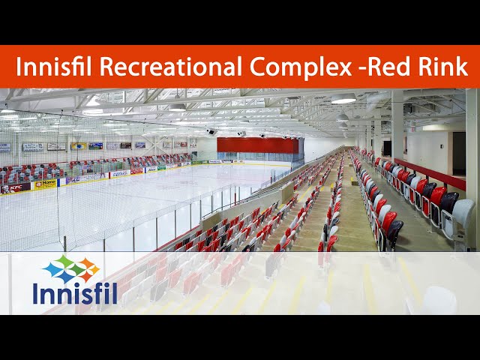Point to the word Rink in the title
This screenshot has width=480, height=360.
pos(443,67)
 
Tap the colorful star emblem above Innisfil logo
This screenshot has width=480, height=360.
pos(70,268)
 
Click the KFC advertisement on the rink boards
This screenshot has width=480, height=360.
pos(16,188)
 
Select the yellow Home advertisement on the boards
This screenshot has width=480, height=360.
pos(44,184)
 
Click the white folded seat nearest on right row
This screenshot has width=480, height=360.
pos(462,216)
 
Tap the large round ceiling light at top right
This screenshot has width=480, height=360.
pos(343,99)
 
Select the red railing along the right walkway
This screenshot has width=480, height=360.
pos(431,174)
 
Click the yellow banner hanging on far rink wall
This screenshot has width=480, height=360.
pos(79,146)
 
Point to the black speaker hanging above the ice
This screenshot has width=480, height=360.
pos(212,132)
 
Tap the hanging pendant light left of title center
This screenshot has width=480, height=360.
pos(177,107)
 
